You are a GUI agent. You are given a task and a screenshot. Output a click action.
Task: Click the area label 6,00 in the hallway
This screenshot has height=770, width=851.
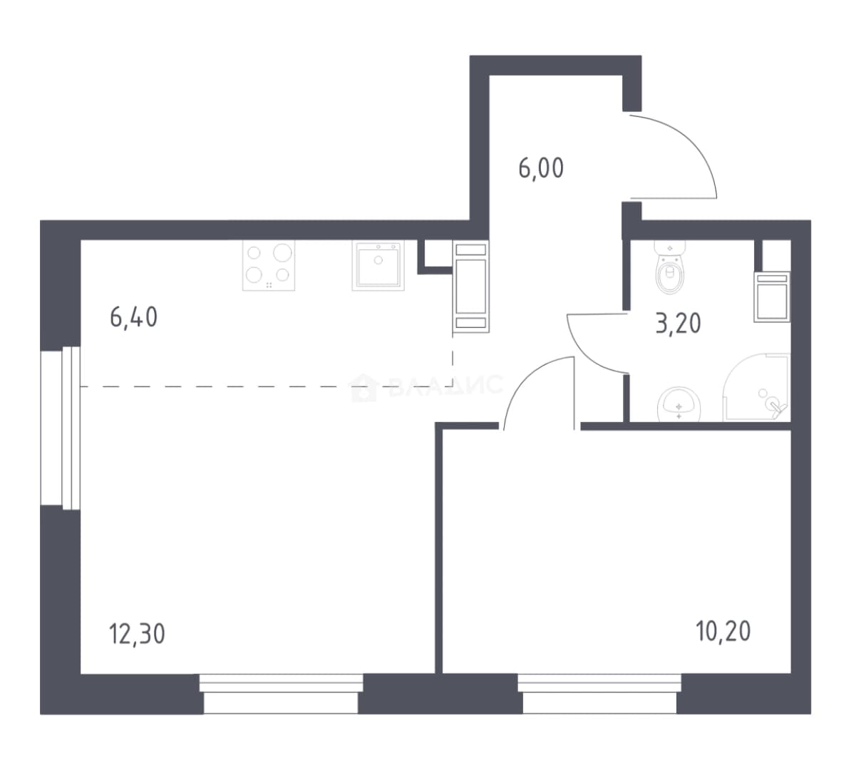click(x=541, y=168)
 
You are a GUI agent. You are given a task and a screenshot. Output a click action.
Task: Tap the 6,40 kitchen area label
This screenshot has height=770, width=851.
click(x=133, y=317)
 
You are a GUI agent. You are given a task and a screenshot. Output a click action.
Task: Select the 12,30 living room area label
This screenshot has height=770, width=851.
click(x=137, y=634)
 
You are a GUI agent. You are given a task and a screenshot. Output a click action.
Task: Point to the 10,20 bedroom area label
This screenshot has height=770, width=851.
click(x=723, y=631)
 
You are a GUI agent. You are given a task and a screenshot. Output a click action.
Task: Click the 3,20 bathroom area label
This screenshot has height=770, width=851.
click(x=679, y=323)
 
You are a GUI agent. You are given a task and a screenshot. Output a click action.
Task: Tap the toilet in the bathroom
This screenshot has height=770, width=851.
click(x=670, y=267)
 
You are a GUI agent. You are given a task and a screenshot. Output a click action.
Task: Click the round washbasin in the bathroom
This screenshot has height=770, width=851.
click(x=679, y=404)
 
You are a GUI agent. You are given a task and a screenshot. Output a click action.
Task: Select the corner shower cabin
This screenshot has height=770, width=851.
click(x=756, y=387)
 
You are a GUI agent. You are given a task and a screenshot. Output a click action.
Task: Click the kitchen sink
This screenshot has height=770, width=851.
click(x=378, y=265)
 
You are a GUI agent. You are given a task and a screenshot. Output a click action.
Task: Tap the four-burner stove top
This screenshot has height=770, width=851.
click(x=269, y=265)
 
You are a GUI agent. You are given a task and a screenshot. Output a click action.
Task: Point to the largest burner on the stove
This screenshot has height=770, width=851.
click(x=283, y=252)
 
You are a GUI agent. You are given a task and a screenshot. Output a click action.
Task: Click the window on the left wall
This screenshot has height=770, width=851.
click(x=61, y=428)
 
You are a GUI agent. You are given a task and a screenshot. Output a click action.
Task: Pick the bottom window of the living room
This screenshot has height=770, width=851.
click(x=281, y=694)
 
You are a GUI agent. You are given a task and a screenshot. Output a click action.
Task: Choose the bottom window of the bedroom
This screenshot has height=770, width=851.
click(x=599, y=694)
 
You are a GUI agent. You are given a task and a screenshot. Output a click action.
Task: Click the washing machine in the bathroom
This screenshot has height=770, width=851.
click(x=772, y=297)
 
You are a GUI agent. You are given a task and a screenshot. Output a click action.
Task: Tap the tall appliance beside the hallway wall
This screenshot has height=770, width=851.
click(x=470, y=286)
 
